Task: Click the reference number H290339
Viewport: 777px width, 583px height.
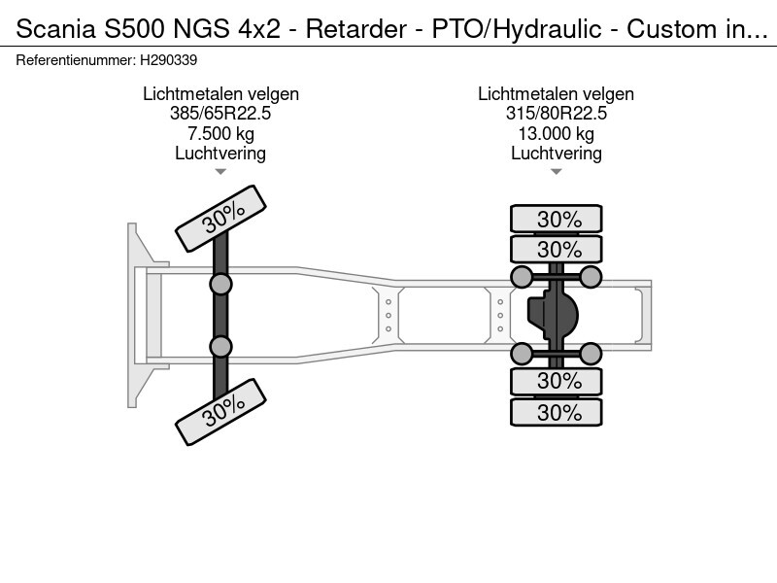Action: (x=171, y=58)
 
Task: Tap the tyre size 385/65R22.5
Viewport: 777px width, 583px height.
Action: (x=220, y=114)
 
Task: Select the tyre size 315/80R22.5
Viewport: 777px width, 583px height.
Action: (x=556, y=114)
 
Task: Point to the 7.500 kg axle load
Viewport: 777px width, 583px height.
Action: (x=220, y=133)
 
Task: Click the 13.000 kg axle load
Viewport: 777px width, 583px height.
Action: (x=556, y=133)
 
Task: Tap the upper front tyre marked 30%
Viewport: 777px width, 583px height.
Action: (x=220, y=216)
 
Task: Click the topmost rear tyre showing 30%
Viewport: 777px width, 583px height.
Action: (x=557, y=219)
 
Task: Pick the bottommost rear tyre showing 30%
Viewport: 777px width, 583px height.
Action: (x=557, y=412)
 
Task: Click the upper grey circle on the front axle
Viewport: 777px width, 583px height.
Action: (x=221, y=284)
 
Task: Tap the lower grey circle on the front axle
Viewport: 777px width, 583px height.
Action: (x=221, y=346)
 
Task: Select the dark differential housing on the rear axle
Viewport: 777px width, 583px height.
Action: (x=553, y=314)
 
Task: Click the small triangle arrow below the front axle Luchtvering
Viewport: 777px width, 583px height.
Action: (x=220, y=172)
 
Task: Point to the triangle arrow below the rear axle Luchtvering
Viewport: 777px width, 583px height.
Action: (x=556, y=172)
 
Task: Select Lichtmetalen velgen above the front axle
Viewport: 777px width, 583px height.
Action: (x=220, y=94)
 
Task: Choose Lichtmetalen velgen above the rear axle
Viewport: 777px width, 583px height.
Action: (x=556, y=94)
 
